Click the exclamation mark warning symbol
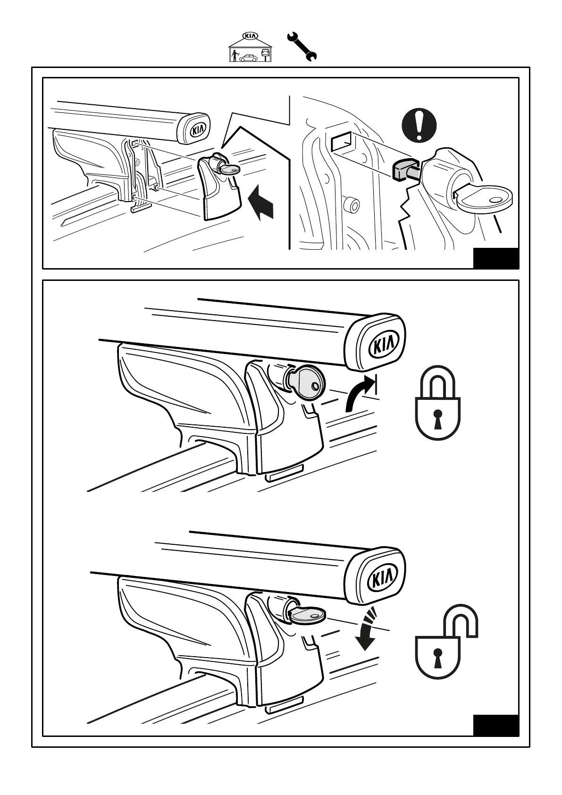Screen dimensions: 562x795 (419, 124)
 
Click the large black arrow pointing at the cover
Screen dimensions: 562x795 (261, 202)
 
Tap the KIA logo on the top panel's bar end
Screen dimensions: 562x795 (196, 129)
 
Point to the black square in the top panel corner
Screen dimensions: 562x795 (495, 258)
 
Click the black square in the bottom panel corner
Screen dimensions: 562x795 (495, 738)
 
